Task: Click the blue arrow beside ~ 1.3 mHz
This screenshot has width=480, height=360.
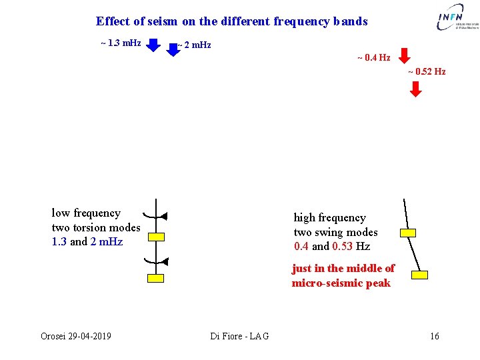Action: pos(153,45)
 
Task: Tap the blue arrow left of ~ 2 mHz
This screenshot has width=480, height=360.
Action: pos(173,49)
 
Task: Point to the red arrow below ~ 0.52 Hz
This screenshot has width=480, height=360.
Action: pos(415,89)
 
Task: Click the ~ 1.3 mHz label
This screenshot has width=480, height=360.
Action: pos(121,43)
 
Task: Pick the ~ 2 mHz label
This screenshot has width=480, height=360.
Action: pos(195,45)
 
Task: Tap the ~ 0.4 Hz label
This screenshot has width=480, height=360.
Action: pos(373,58)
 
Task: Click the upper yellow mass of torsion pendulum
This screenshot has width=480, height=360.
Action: pos(156,237)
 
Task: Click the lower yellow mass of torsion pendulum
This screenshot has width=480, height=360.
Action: pos(156,279)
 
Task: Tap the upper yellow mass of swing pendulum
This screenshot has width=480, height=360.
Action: pos(407,233)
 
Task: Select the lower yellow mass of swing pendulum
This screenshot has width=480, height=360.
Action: pos(419,275)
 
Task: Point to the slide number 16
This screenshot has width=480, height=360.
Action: pos(434,336)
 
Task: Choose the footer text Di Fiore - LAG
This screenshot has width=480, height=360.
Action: pos(239,336)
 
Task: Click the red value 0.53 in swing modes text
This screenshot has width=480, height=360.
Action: pos(343,247)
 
